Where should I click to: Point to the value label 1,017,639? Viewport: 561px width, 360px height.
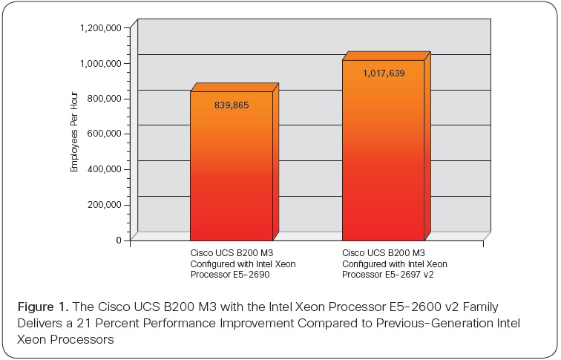tap(384, 73)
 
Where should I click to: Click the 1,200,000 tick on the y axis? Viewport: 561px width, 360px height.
tap(101, 28)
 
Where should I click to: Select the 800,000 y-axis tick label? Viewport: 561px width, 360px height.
tap(105, 99)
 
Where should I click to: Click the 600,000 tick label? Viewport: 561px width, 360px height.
tap(105, 134)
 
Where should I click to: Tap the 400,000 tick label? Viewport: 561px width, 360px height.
tap(105, 169)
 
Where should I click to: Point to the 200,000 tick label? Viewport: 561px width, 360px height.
tap(105, 205)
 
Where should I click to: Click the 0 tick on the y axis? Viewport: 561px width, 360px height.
tap(118, 240)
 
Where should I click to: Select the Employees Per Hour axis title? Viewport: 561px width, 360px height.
tap(74, 134)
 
